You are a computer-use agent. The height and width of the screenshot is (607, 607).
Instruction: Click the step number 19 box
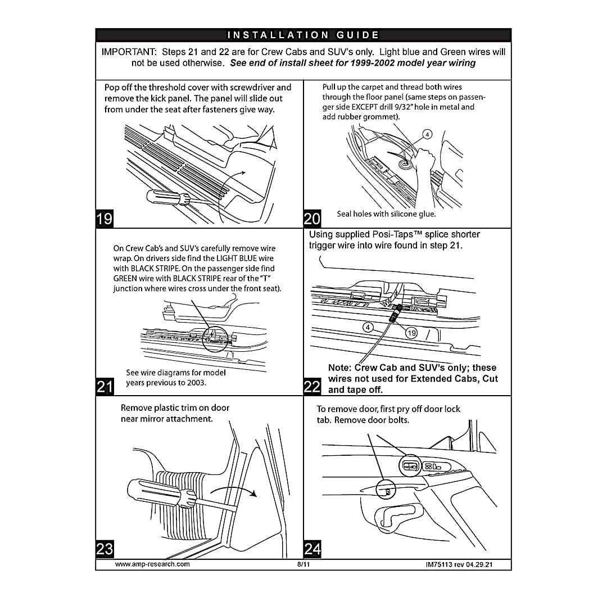coord(105,218)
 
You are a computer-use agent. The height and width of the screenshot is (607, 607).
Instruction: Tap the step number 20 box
coord(312,218)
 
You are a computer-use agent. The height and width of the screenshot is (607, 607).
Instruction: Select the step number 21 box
coord(105,386)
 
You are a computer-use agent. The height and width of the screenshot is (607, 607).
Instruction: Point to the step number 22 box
coord(312,386)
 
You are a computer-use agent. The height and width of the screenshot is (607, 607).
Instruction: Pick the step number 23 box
coord(105,549)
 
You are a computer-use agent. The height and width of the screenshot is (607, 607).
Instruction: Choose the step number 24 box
coord(312,549)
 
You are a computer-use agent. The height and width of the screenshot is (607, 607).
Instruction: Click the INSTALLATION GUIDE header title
coord(303,35)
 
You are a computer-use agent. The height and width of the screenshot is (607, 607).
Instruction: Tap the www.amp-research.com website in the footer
coord(152,564)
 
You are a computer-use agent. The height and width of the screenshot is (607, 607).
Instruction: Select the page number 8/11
coord(303,564)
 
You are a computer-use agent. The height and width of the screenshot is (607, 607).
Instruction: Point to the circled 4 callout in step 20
coord(427,134)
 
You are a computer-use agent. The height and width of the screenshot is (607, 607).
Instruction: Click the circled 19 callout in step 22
coord(411,333)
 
